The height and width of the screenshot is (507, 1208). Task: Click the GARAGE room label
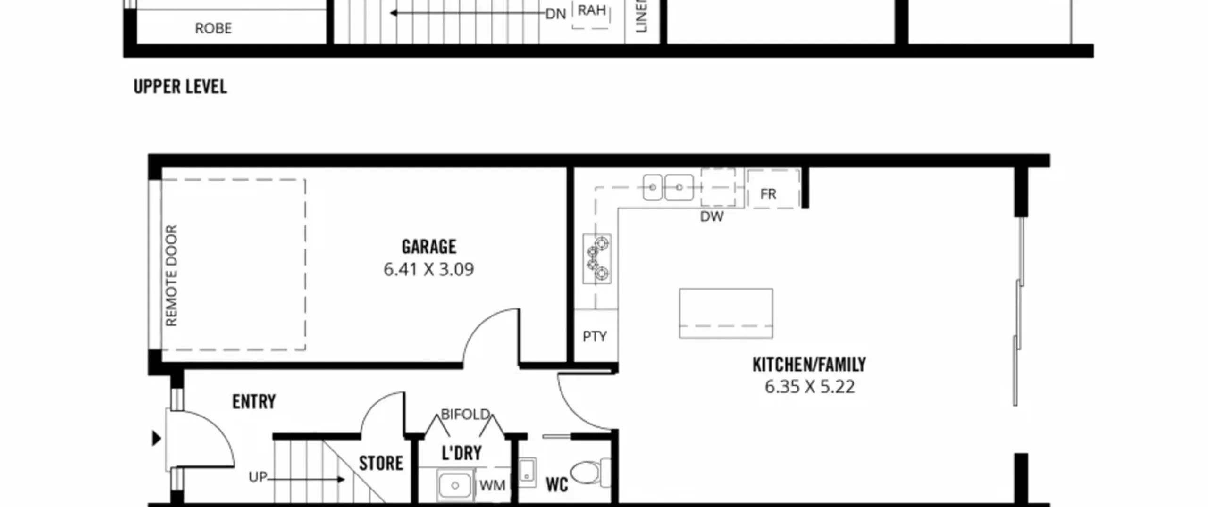click(429, 247)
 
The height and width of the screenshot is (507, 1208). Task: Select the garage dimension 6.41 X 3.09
click(428, 269)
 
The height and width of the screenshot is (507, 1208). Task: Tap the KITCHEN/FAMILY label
click(809, 365)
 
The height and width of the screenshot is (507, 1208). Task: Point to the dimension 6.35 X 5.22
click(810, 387)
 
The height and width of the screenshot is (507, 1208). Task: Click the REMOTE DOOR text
click(171, 275)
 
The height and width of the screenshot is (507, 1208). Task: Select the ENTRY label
click(254, 402)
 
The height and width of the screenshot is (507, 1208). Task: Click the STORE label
click(381, 463)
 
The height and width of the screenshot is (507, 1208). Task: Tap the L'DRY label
click(461, 453)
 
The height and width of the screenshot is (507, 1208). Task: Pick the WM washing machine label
click(492, 485)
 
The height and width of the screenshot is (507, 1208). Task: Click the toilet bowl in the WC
click(585, 473)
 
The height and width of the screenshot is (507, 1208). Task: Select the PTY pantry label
click(595, 336)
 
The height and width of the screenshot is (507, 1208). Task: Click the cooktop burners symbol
click(597, 258)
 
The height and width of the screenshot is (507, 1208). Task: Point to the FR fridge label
click(768, 194)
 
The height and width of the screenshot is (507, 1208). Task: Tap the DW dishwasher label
click(712, 216)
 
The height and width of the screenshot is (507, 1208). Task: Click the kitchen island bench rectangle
click(726, 313)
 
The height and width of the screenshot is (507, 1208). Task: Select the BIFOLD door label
click(465, 414)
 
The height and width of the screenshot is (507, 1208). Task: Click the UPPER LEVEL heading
click(180, 87)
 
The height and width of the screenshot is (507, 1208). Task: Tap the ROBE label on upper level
click(213, 28)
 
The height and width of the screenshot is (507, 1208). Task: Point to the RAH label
click(592, 10)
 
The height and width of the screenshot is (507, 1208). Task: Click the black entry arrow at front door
click(157, 439)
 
